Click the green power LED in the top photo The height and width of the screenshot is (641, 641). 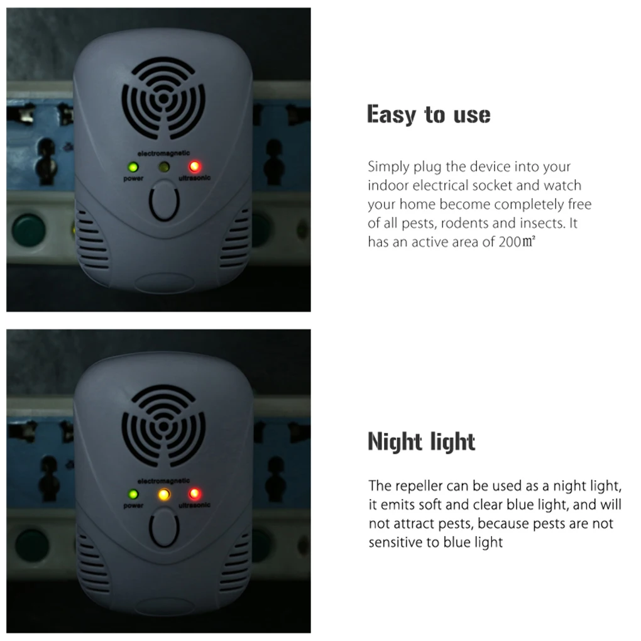point(133,168)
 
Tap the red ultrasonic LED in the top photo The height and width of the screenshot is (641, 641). point(194,167)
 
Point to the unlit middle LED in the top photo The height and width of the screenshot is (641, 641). point(164,167)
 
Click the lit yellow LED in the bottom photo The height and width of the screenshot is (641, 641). point(164,494)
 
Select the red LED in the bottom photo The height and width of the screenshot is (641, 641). point(194,493)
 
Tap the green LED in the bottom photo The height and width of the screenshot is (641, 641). point(133,495)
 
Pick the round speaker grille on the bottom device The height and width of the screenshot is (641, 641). point(163,425)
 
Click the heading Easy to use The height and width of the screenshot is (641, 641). point(429,115)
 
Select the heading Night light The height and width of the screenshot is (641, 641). point(421,442)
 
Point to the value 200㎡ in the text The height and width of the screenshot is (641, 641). point(517,242)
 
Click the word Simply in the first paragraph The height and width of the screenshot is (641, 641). point(388,167)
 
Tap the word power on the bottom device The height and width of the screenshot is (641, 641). point(134,506)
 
